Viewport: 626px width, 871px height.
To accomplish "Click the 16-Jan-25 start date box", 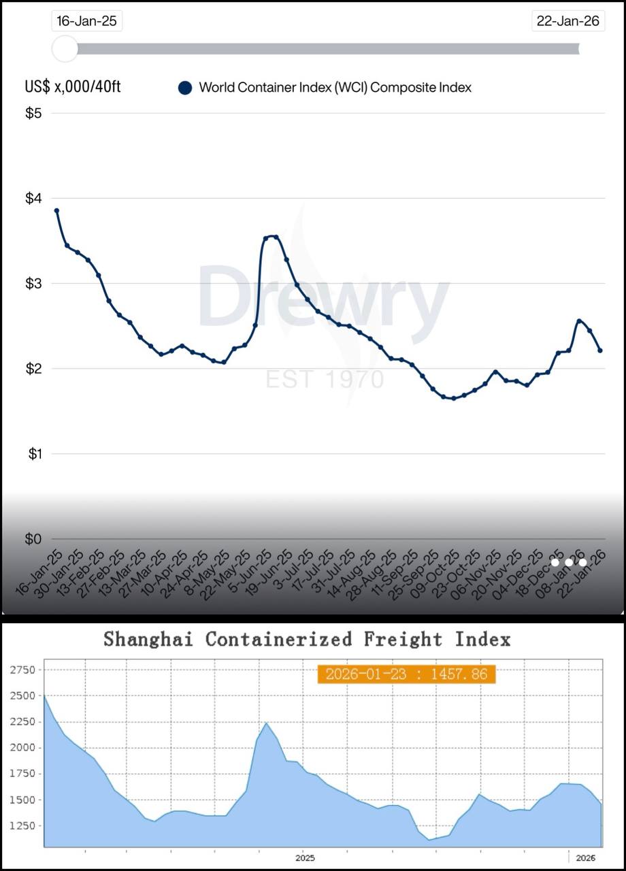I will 86,21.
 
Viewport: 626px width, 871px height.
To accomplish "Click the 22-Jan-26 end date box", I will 567,21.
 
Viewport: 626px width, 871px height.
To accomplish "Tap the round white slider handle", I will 65,48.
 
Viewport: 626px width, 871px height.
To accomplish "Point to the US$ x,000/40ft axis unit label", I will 73,87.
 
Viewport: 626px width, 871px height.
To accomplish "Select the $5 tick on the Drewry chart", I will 33,113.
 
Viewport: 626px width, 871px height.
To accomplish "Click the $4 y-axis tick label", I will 33,198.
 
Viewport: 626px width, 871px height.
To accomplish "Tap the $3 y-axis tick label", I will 33,283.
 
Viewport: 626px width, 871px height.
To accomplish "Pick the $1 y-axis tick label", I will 34,454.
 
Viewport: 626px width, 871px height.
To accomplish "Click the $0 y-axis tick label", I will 33,539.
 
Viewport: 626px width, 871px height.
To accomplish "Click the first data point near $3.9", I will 56,211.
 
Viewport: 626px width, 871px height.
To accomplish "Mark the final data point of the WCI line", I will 600,350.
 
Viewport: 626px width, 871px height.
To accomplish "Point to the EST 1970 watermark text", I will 325,379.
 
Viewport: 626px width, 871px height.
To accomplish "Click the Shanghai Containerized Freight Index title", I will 306,640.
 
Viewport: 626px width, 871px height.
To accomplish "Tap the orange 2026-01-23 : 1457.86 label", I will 406,674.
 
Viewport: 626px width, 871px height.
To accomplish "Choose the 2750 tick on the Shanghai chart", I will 23,670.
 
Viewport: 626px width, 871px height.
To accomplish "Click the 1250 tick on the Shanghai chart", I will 23,826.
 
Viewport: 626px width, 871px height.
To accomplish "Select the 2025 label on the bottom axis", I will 305,858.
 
